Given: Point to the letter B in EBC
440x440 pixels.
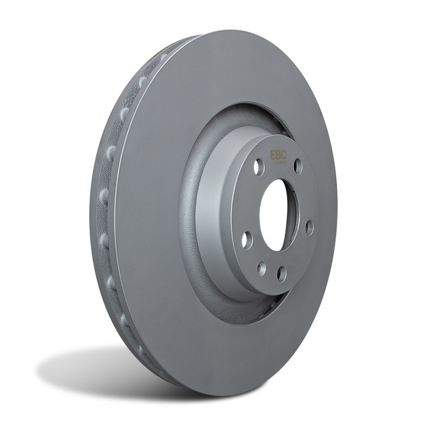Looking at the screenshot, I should tap(278, 155).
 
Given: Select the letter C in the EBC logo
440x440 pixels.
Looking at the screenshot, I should tap(284, 155).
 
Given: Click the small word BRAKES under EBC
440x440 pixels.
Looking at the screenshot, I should tap(279, 162).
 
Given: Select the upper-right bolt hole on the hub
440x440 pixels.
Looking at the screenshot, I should tap(298, 166).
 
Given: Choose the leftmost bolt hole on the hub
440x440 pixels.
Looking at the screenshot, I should tap(247, 240).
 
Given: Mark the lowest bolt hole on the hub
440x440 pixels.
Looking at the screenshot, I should tap(282, 273).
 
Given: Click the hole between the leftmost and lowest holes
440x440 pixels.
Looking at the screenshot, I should tap(262, 268).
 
